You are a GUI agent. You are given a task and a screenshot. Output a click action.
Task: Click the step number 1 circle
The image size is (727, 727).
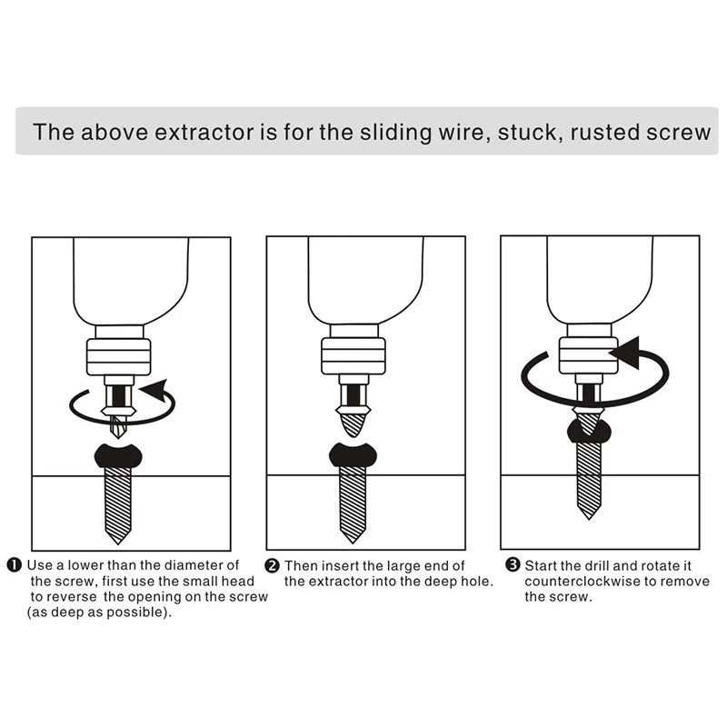pyautogui.click(x=15, y=566)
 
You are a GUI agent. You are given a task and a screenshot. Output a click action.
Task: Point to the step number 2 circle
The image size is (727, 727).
pyautogui.click(x=272, y=566)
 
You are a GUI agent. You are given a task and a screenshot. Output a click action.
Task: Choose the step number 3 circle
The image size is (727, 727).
pyautogui.click(x=513, y=566)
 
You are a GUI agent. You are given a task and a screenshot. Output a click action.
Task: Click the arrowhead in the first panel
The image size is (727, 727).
pyautogui.click(x=155, y=391)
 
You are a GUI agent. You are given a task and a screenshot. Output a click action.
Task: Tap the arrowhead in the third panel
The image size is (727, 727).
pyautogui.click(x=622, y=353)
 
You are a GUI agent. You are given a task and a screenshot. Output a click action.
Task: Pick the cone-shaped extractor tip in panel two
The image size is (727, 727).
pyautogui.click(x=354, y=420)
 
